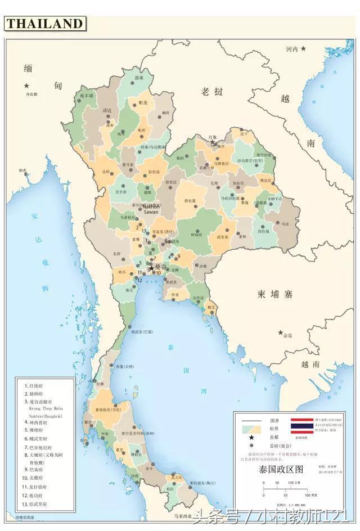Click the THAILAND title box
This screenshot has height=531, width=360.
[x=45, y=24]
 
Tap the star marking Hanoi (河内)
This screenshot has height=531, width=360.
[x=303, y=49]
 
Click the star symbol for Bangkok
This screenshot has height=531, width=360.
[x=151, y=268]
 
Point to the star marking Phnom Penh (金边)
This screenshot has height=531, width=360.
[x=280, y=332]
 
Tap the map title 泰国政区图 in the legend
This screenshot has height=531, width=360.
[x=281, y=469]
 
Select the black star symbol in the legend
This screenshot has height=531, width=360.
[x=251, y=437]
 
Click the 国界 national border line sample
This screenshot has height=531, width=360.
[x=251, y=421]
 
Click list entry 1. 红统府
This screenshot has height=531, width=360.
[x=35, y=385]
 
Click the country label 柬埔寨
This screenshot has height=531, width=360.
[x=276, y=294]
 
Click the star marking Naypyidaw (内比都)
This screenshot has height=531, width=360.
[x=26, y=85]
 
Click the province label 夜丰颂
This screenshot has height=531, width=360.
[x=86, y=96]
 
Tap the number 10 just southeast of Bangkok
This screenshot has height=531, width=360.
[x=159, y=273]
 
